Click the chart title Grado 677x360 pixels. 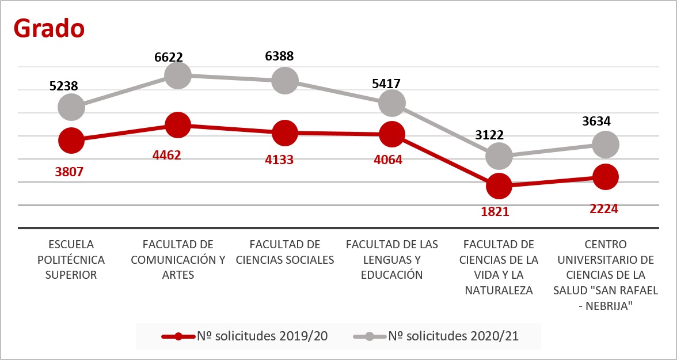point(50,28)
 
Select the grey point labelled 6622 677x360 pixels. point(177,75)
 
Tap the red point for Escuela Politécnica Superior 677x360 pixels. point(71,141)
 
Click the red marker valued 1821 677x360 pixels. point(499,186)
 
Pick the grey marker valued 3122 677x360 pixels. point(499,156)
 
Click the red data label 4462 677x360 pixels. point(166,155)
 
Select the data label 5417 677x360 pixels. point(386,84)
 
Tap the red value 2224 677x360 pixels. point(603,209)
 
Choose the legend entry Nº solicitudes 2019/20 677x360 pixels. point(245,336)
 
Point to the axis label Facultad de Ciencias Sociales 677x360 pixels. point(285,252)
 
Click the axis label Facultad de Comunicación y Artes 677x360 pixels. point(178,259)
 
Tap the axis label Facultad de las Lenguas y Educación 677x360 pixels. point(392,259)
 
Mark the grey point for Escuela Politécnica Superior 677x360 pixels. point(71,107)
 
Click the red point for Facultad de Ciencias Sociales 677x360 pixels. point(285,133)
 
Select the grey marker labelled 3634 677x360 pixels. point(605,144)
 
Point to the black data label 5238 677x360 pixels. point(63,86)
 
